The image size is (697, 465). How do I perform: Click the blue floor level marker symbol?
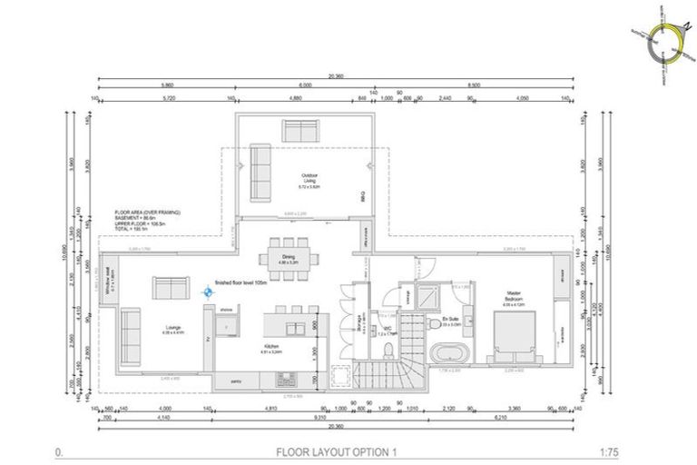click(x=208, y=292)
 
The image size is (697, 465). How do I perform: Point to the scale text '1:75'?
click(x=635, y=451)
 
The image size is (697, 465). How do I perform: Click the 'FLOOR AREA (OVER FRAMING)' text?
click(x=147, y=212)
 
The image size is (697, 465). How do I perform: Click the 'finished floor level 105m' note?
click(x=244, y=282)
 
